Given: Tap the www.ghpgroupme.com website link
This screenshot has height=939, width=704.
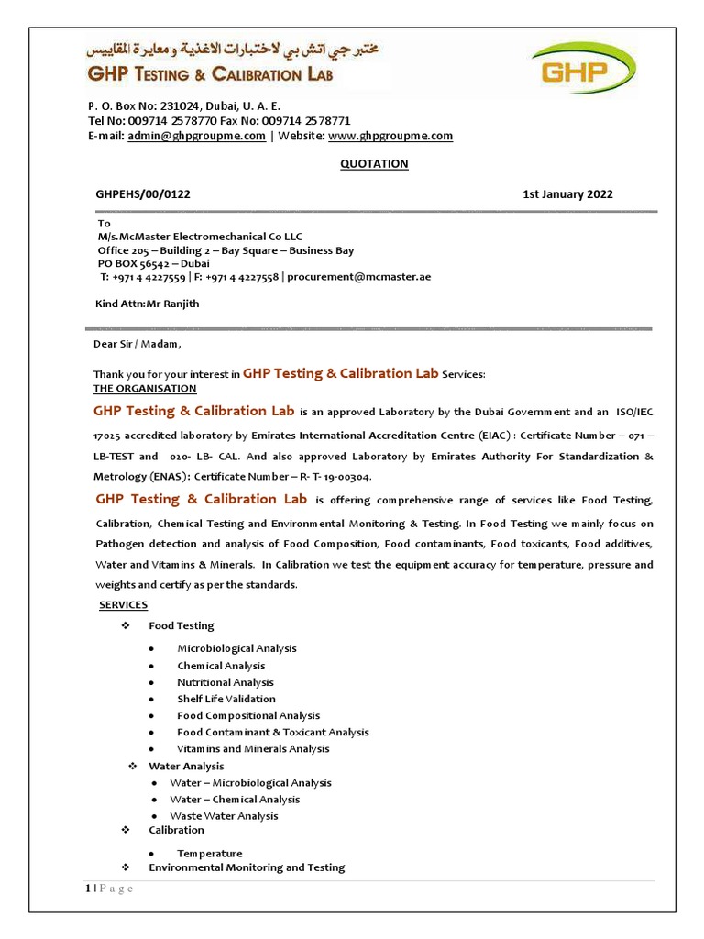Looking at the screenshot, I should coord(390,136).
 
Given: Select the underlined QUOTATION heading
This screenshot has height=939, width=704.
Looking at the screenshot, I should coord(374,164).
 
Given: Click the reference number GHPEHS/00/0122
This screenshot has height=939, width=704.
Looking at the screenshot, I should coord(144,194).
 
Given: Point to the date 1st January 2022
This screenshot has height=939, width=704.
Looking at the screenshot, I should coord(567,194).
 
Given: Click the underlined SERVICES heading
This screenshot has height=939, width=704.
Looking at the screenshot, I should coord(123,605).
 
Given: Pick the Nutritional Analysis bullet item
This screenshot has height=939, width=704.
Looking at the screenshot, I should coord(225,682).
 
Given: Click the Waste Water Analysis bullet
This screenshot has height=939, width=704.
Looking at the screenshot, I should coord(224,816).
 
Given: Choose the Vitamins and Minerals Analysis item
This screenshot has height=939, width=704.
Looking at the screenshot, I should coord(253,749).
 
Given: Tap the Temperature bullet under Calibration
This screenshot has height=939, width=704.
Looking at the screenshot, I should coord(210,854).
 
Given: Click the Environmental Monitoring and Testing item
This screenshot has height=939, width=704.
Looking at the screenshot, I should coord(247,867).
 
